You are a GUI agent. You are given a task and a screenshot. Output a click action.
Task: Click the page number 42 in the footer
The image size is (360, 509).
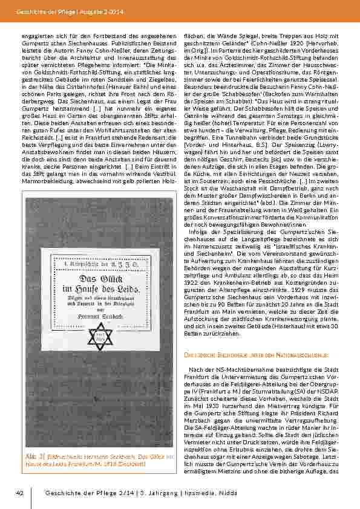(x=19, y=493)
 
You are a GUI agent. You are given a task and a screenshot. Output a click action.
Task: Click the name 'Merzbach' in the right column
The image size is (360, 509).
(x=200, y=418)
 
